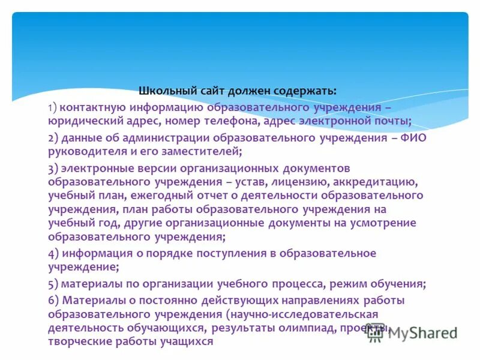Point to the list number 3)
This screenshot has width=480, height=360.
[x=53, y=168]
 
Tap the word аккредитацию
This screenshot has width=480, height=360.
[x=385, y=181]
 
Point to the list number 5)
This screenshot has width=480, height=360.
[x=53, y=283]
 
